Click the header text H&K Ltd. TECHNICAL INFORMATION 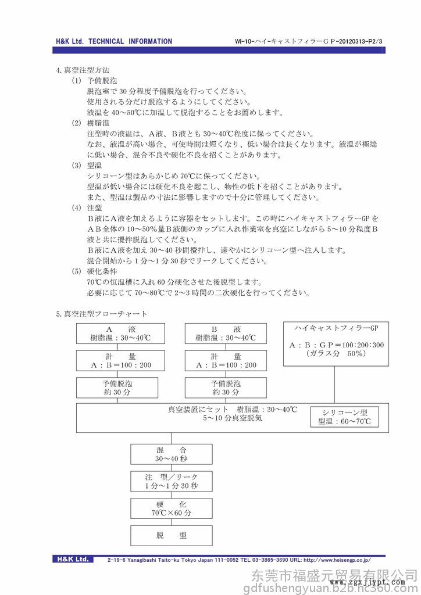114,41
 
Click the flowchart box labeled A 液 117,334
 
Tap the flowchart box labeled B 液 226,334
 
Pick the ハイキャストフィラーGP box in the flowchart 336,343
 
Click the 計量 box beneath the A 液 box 117,360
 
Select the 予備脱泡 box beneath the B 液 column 226,388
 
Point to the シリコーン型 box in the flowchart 345,416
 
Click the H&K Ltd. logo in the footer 73,560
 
